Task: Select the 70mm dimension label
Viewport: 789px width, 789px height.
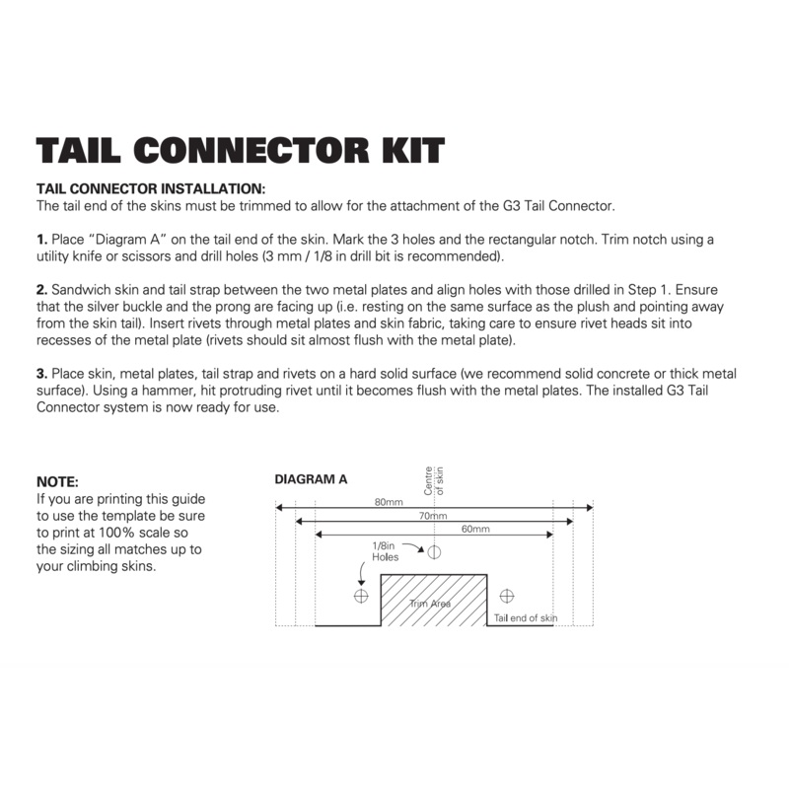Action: coord(432,516)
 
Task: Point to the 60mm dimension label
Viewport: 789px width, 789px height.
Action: coord(474,530)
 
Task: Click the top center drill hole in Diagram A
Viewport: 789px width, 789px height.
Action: coord(434,551)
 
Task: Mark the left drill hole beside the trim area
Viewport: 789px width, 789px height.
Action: coord(360,596)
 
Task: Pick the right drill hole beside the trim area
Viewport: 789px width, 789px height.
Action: coord(507,596)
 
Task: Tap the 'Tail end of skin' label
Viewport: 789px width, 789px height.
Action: coord(526,617)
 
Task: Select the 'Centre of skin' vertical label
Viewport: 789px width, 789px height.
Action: coord(434,479)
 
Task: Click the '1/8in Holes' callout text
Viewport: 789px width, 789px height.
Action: coord(385,550)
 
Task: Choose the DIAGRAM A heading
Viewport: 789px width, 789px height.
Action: coord(310,479)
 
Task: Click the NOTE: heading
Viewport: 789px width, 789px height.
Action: coord(56,482)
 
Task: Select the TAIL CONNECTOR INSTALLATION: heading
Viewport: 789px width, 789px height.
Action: coord(151,188)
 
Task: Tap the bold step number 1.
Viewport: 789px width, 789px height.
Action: coord(41,240)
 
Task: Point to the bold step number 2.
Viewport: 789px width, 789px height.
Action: coord(41,291)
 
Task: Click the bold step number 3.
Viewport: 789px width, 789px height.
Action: coord(41,376)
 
